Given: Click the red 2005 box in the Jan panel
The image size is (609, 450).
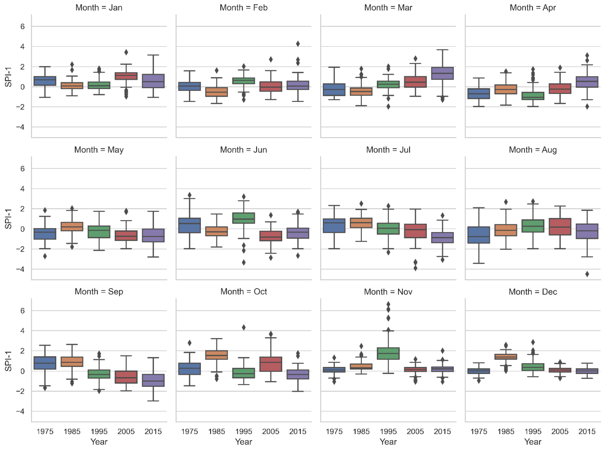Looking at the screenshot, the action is point(126,76).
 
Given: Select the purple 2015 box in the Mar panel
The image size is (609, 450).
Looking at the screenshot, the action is point(442,73).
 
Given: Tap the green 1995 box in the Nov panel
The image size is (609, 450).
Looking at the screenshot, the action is point(388,353).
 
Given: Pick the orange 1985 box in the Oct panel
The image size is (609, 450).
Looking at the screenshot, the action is point(217,355).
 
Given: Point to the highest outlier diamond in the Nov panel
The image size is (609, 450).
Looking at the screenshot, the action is point(388,304).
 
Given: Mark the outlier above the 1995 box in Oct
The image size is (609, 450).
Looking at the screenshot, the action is point(244,327).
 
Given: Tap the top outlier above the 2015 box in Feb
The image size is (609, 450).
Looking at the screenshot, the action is point(298,44).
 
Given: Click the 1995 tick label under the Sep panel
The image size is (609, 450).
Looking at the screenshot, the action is point(99,431).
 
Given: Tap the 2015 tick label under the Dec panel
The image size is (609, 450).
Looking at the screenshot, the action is point(587,431).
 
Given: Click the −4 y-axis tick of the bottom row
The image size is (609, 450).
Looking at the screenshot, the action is point(20,411).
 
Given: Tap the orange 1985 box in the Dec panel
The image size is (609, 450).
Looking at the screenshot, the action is point(506,357).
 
